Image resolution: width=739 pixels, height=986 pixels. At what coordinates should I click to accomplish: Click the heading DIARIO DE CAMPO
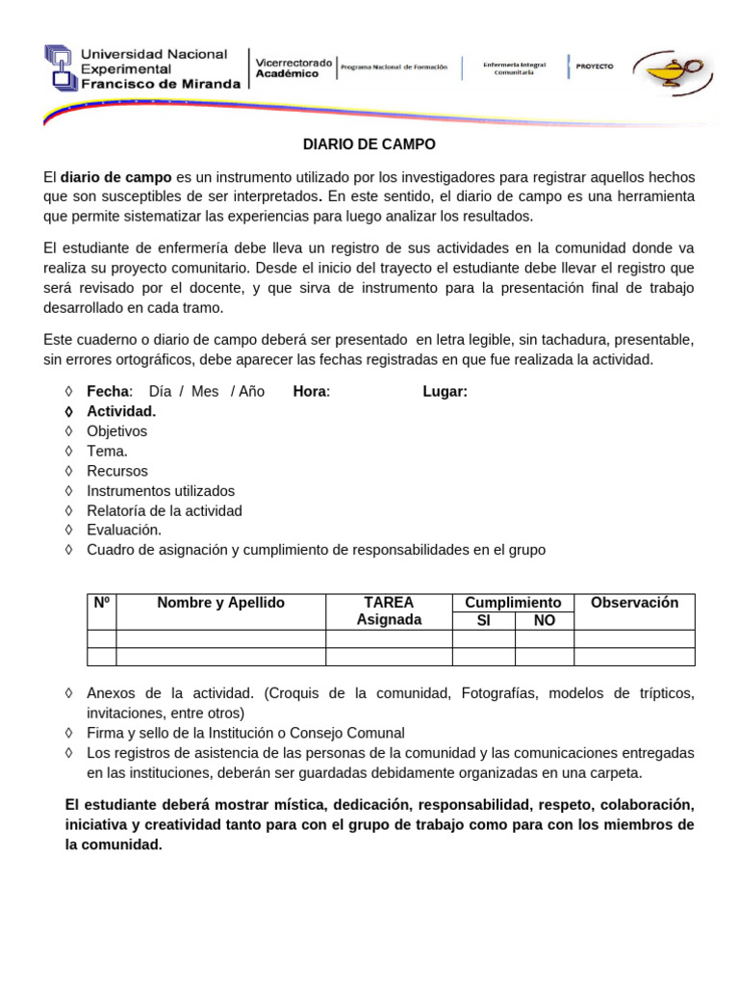click(x=369, y=145)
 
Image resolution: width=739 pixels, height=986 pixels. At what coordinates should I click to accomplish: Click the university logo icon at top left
click(x=61, y=68)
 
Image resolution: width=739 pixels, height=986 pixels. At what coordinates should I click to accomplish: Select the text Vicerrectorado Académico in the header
click(x=293, y=67)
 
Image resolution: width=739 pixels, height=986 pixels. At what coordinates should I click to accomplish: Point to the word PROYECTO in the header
click(x=595, y=66)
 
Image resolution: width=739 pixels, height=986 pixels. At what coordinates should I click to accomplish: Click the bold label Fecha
click(x=107, y=392)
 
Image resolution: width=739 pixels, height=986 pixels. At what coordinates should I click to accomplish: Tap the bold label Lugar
click(x=446, y=392)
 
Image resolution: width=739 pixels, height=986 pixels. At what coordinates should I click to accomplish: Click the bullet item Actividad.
click(x=121, y=411)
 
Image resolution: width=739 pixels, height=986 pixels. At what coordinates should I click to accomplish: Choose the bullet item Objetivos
click(x=116, y=431)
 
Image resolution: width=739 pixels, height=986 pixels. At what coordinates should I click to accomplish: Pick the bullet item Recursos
click(x=116, y=471)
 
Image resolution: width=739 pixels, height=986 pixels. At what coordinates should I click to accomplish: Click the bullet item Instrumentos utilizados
click(x=161, y=491)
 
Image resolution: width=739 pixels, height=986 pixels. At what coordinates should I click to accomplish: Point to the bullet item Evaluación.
click(x=124, y=531)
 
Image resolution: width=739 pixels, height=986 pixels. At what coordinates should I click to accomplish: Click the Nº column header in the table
click(x=102, y=604)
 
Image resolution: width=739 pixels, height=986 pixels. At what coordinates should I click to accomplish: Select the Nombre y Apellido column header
click(x=221, y=603)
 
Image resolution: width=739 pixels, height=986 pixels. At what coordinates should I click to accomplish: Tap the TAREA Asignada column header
click(x=389, y=611)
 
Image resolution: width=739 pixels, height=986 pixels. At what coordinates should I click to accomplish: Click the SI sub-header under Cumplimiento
click(x=484, y=621)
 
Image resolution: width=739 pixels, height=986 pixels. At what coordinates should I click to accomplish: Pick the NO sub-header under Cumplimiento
click(x=545, y=621)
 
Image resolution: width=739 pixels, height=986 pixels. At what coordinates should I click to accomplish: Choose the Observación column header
click(x=634, y=603)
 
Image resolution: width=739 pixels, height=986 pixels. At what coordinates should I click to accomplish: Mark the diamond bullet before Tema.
click(x=68, y=452)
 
